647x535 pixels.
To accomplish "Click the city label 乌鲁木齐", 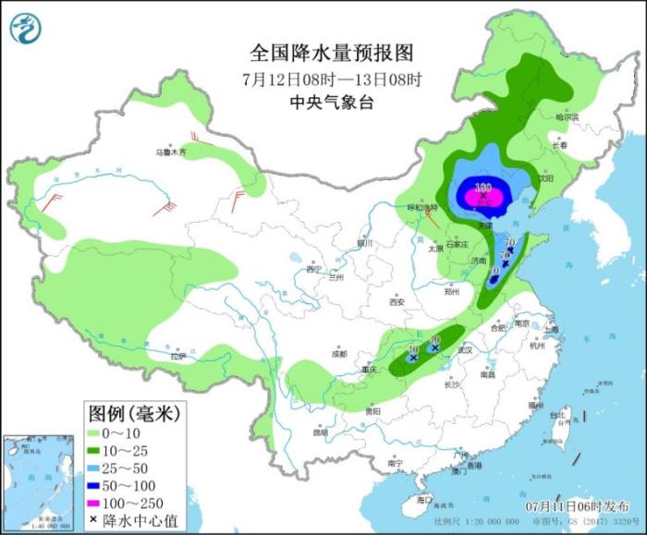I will point(170,152).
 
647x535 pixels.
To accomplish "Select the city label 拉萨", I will point(179,357).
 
